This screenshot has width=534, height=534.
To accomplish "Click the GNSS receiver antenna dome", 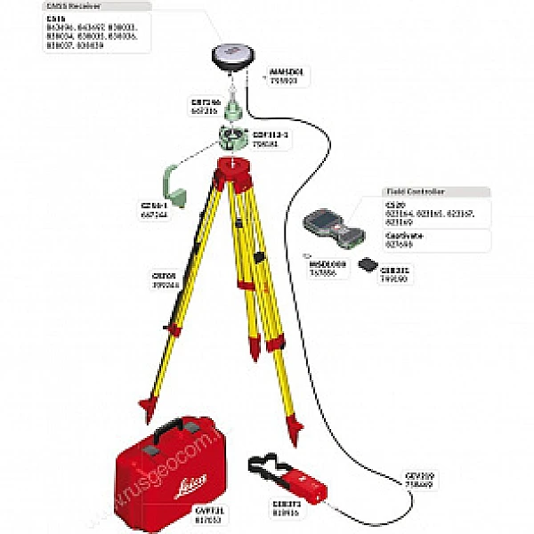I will point(230,56).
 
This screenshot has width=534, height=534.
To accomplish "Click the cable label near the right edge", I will point(418,480).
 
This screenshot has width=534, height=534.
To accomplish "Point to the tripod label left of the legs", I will point(166,279).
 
